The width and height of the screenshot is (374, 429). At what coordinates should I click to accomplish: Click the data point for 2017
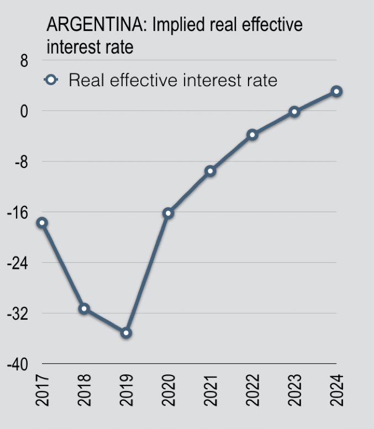42,223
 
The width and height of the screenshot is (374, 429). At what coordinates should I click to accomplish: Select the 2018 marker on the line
84,309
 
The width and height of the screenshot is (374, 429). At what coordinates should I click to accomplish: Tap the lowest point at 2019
126,332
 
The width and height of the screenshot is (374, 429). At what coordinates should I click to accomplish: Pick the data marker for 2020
168,213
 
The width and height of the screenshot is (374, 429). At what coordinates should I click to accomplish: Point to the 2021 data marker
210,171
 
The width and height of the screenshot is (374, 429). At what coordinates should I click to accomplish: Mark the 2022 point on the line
252,135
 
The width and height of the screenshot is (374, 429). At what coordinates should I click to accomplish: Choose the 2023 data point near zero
294,112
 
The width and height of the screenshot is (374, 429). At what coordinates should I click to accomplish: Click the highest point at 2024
336,91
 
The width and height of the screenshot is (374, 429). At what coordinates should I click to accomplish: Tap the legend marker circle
51,80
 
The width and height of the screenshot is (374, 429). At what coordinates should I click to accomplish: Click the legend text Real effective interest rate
173,80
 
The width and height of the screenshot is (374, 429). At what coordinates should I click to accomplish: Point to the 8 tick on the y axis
24,61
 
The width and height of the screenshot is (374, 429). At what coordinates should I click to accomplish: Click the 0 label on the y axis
24,111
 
